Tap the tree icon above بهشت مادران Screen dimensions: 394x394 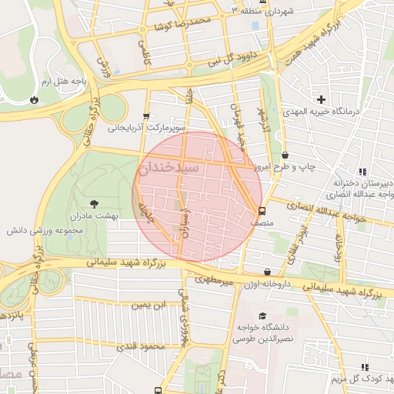pyautogui.click(x=94, y=204)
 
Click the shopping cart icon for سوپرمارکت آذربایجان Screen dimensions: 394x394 pyautogui.click(x=146, y=115)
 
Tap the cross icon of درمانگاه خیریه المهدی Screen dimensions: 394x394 pyautogui.click(x=322, y=99)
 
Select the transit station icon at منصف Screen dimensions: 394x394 pyautogui.click(x=262, y=211)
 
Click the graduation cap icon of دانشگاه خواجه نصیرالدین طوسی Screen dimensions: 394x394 pyautogui.click(x=262, y=316)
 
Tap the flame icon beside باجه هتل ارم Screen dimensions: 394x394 pyautogui.click(x=33, y=99)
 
